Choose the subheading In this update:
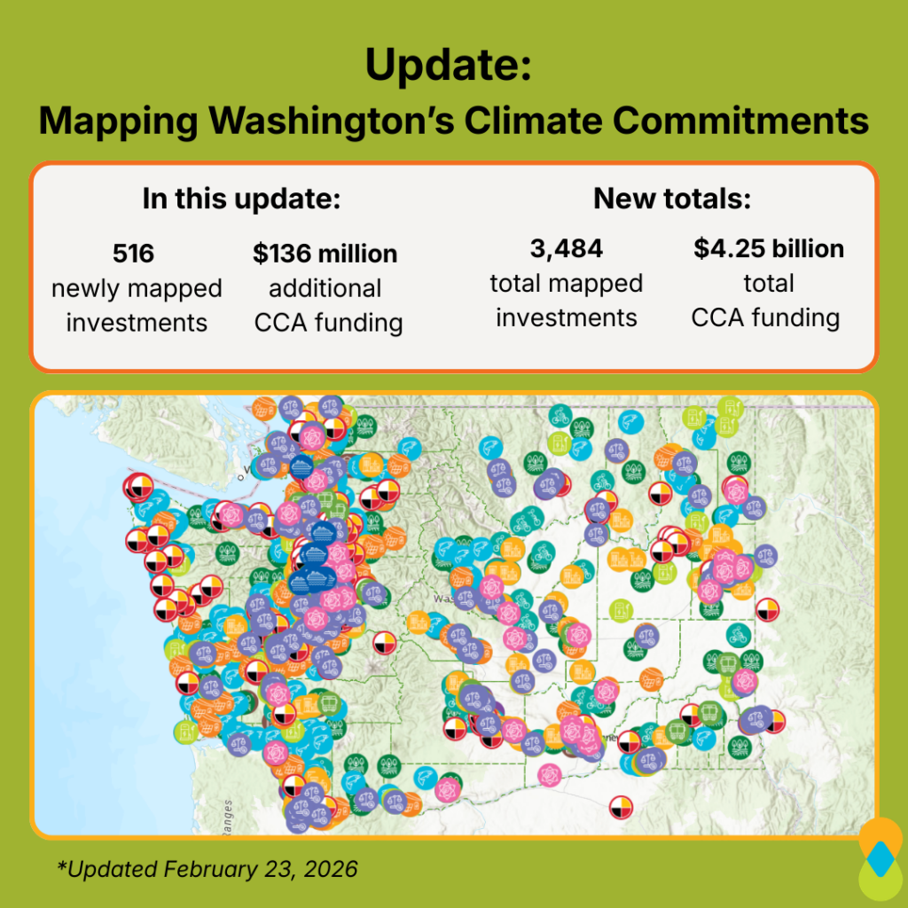click(241, 199)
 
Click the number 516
click(133, 254)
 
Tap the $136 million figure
click(325, 254)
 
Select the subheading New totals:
click(672, 199)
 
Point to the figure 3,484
click(566, 249)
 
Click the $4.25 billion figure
click(768, 249)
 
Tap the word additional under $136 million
click(325, 288)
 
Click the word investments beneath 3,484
click(566, 317)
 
